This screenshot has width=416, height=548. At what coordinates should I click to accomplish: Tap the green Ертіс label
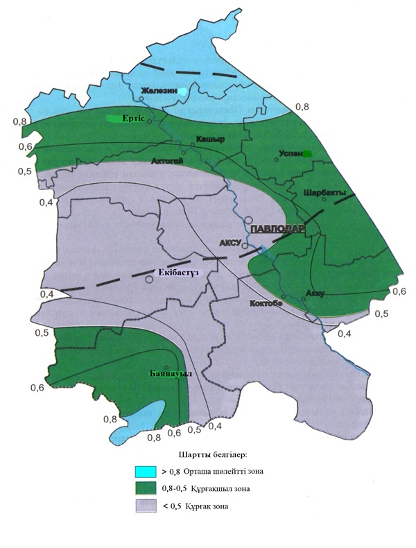[x=132, y=119]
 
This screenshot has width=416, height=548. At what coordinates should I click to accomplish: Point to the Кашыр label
[x=210, y=139]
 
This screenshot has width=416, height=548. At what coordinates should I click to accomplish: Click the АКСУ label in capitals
[x=229, y=243]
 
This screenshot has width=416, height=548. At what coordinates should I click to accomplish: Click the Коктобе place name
[x=266, y=302]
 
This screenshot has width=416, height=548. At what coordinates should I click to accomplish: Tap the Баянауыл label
[x=170, y=374]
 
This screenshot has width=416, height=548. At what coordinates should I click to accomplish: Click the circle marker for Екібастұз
[x=149, y=280]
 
